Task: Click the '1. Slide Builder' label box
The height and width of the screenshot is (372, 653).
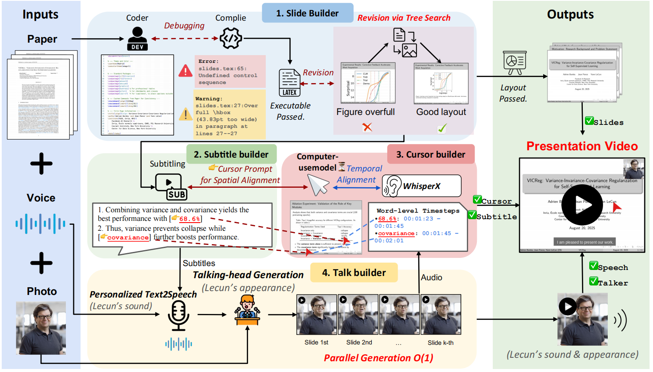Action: click(308, 13)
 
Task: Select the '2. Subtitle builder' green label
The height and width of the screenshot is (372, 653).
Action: click(231, 155)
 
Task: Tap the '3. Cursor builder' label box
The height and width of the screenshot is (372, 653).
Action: click(431, 155)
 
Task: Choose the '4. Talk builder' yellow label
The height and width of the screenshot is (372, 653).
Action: click(354, 273)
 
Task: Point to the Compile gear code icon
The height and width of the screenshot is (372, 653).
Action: click(230, 39)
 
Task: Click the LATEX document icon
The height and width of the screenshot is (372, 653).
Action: click(289, 82)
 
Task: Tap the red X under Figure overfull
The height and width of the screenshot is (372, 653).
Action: click(367, 127)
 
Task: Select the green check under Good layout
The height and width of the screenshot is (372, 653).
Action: click(442, 128)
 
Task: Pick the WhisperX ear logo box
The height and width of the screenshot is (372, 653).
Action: click(421, 186)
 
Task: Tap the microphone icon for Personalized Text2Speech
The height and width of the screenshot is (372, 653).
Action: click(178, 315)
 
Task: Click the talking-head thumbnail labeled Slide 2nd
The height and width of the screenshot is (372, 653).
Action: click(358, 314)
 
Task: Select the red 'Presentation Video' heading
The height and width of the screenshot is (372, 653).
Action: click(582, 146)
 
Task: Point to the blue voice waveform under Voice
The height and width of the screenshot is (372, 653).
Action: click(40, 224)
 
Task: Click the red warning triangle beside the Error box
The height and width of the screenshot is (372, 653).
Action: click(186, 71)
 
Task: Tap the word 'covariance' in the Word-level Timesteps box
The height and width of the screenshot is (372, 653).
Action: click(396, 233)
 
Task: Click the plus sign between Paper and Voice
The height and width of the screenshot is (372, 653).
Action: click(41, 164)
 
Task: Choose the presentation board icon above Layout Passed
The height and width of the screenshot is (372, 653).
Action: click(514, 63)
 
